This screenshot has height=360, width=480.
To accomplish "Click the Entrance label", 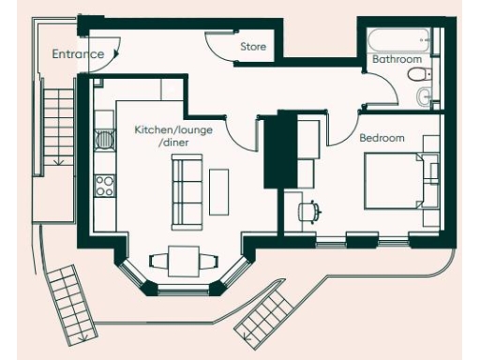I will tap(78, 54).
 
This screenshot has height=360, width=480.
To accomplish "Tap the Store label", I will tap(253, 46).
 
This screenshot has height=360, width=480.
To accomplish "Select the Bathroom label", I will tap(397, 59).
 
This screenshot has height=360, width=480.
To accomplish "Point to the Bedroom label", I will tap(382, 139).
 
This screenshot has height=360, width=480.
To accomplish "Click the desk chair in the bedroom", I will tap(308, 211).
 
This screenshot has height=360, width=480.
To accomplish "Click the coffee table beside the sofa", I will tap(218, 190).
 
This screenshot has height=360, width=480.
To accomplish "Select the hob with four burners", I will tap(104, 182).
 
